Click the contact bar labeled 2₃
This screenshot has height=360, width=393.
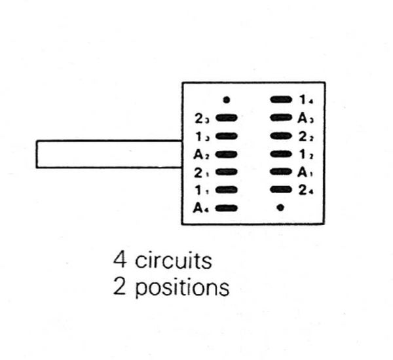(x=226, y=118)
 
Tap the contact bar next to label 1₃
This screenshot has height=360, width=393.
(x=226, y=136)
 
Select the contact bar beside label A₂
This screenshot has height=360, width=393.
(x=226, y=154)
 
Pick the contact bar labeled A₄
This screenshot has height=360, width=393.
(x=226, y=209)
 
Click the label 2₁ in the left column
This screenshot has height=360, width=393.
(x=202, y=173)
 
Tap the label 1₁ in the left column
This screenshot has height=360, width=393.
(x=202, y=190)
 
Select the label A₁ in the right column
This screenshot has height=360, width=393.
(x=306, y=173)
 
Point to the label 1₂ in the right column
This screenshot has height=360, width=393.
(x=306, y=154)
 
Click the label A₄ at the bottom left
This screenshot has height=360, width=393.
(x=201, y=209)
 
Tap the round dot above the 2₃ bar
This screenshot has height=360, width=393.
(x=226, y=100)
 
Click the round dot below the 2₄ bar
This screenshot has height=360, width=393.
(x=280, y=209)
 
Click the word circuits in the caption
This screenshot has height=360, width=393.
(x=173, y=261)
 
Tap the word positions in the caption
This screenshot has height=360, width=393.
(x=182, y=287)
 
